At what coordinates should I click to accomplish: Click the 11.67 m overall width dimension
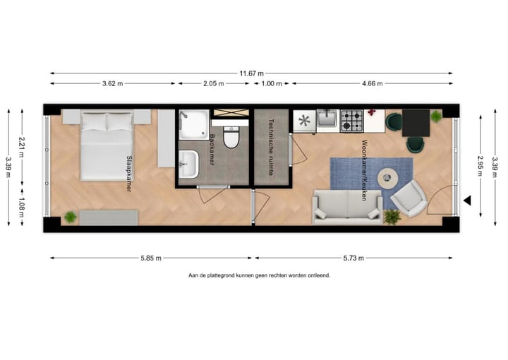tap(251, 73)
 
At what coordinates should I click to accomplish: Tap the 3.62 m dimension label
tap(112, 83)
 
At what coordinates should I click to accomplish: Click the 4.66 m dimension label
tap(372, 83)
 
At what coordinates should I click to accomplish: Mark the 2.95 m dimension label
tap(480, 167)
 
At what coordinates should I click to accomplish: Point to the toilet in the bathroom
tap(231, 136)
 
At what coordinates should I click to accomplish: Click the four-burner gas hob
tap(351, 121)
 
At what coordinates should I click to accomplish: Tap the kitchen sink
tap(327, 119)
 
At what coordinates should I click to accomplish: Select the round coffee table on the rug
tap(388, 178)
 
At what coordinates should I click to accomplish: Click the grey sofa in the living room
tap(348, 206)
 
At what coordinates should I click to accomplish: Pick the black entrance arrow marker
tap(467, 201)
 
